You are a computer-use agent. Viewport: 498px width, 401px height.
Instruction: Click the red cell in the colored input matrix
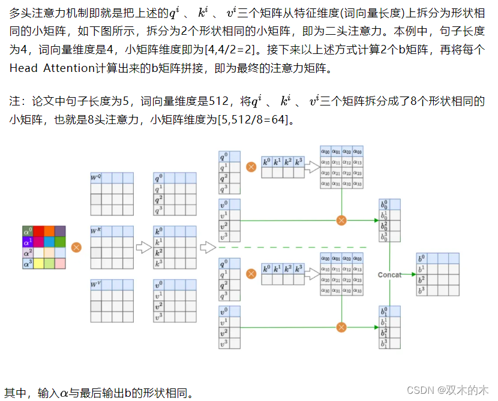coord(38,231)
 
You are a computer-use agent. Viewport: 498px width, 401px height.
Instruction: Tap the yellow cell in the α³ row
coord(38,263)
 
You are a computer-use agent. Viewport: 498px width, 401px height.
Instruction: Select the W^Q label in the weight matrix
coord(96,178)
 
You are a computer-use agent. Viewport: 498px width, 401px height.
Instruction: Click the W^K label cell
coord(96,231)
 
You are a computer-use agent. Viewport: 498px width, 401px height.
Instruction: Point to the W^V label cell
coord(96,285)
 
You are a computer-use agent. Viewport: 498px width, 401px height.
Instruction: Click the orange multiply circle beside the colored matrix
coord(76,247)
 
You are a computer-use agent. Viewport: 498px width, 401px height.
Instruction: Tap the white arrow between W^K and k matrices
coord(143,247)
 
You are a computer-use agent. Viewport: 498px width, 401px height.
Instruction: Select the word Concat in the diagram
coord(389,275)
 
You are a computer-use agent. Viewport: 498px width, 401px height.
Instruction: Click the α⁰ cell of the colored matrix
coord(28,231)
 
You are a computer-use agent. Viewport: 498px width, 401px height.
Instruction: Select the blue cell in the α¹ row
coord(59,242)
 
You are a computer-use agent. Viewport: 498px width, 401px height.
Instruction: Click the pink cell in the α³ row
coord(59,263)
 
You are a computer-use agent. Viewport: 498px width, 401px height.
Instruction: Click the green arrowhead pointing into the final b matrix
coord(413,275)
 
